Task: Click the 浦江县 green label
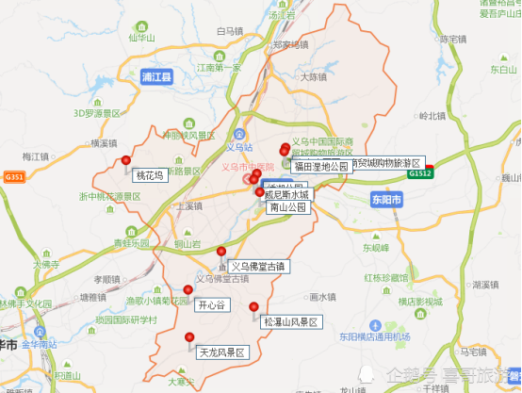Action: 155,77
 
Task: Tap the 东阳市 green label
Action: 384,200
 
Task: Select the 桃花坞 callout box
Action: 149,175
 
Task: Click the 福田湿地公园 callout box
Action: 320,167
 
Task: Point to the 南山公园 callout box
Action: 287,207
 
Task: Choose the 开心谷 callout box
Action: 211,305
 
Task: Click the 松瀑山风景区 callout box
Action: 292,322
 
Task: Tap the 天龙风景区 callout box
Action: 221,353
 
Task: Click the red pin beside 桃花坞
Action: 126,161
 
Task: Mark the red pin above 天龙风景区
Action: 190,336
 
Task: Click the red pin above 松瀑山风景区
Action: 253,306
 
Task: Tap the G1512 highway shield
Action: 420,173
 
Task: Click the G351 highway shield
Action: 14,176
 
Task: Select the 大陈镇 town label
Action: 313,77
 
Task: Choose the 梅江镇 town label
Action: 34,156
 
